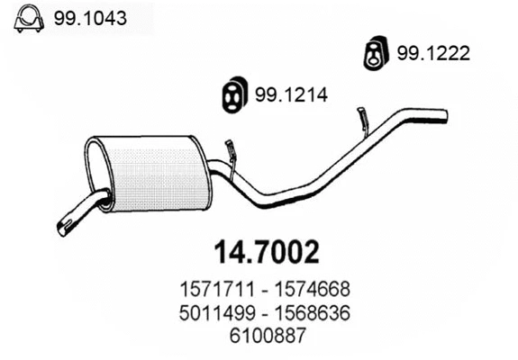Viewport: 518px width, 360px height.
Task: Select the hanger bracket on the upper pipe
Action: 362,117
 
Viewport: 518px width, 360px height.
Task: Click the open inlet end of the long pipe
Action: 444,113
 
